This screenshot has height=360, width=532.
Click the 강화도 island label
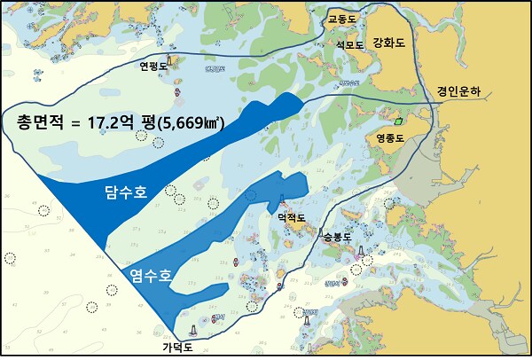tap(389, 42)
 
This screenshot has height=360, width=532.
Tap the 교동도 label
tap(341, 17)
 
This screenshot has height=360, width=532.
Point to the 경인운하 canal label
tap(458, 90)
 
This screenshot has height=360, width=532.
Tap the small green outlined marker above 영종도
tap(399, 120)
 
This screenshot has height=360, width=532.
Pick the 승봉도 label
tap(338, 237)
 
